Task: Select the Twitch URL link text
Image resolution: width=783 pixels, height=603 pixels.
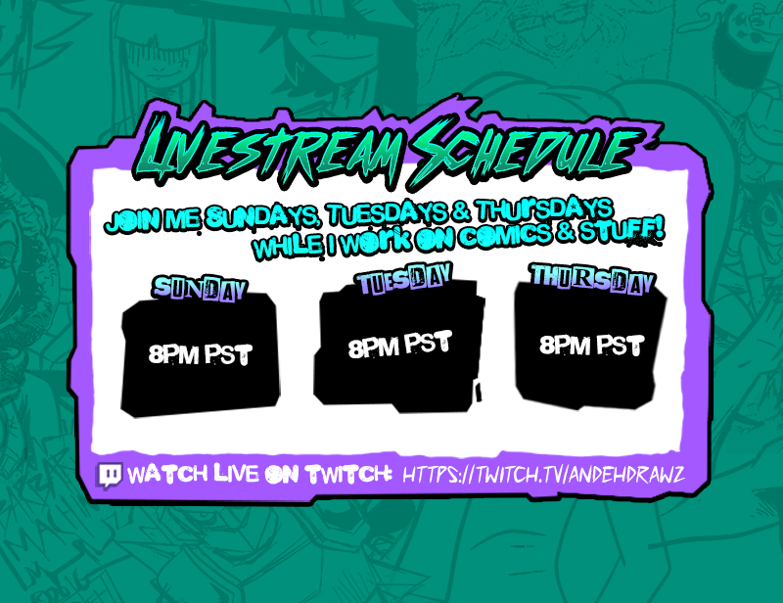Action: [x=543, y=475]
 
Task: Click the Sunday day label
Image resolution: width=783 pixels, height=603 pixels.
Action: [x=199, y=289]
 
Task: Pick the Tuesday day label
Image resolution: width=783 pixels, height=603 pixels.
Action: [x=402, y=282]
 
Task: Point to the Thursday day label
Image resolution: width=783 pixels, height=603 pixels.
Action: [x=591, y=280]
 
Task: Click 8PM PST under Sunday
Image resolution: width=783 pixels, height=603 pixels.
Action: [x=201, y=354]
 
